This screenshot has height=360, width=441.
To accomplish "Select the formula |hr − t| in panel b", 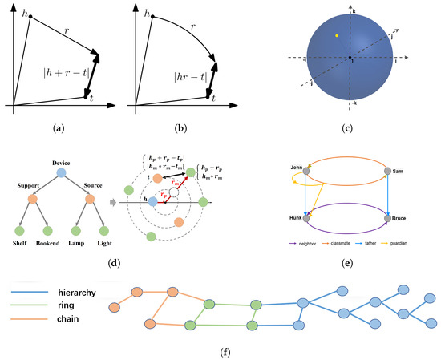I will [x=188, y=79].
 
